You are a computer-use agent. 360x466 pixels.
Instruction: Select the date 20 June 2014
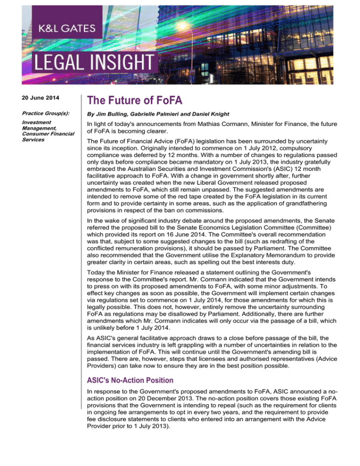pos(30,98)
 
